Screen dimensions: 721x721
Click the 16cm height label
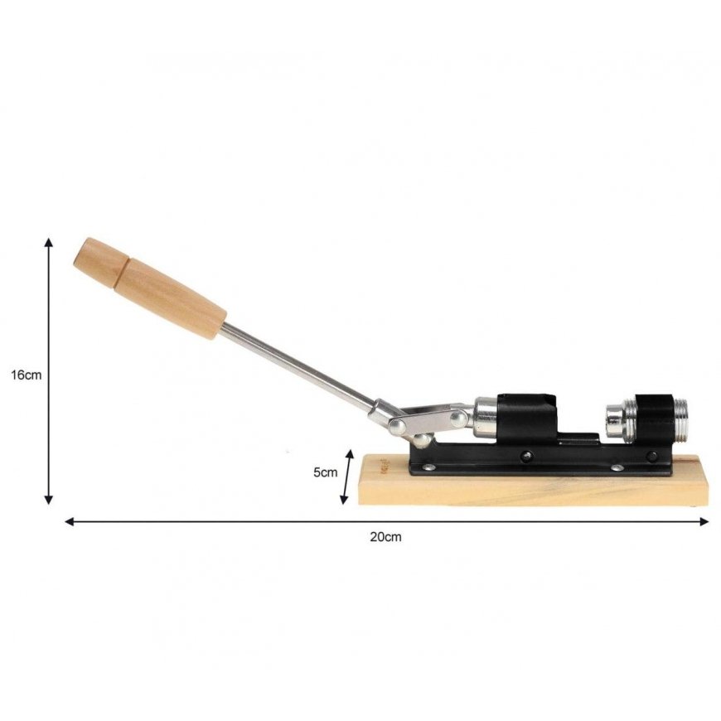click(x=27, y=375)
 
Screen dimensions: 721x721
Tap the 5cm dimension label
click(x=326, y=472)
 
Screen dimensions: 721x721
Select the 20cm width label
click(x=386, y=537)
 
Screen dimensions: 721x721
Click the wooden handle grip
click(x=150, y=288)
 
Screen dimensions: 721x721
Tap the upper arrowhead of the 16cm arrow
click(x=48, y=242)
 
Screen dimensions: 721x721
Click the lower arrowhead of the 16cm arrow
click(x=48, y=500)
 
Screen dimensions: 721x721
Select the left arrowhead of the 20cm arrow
click(x=70, y=521)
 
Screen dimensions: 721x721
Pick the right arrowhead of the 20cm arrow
click(x=704, y=521)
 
